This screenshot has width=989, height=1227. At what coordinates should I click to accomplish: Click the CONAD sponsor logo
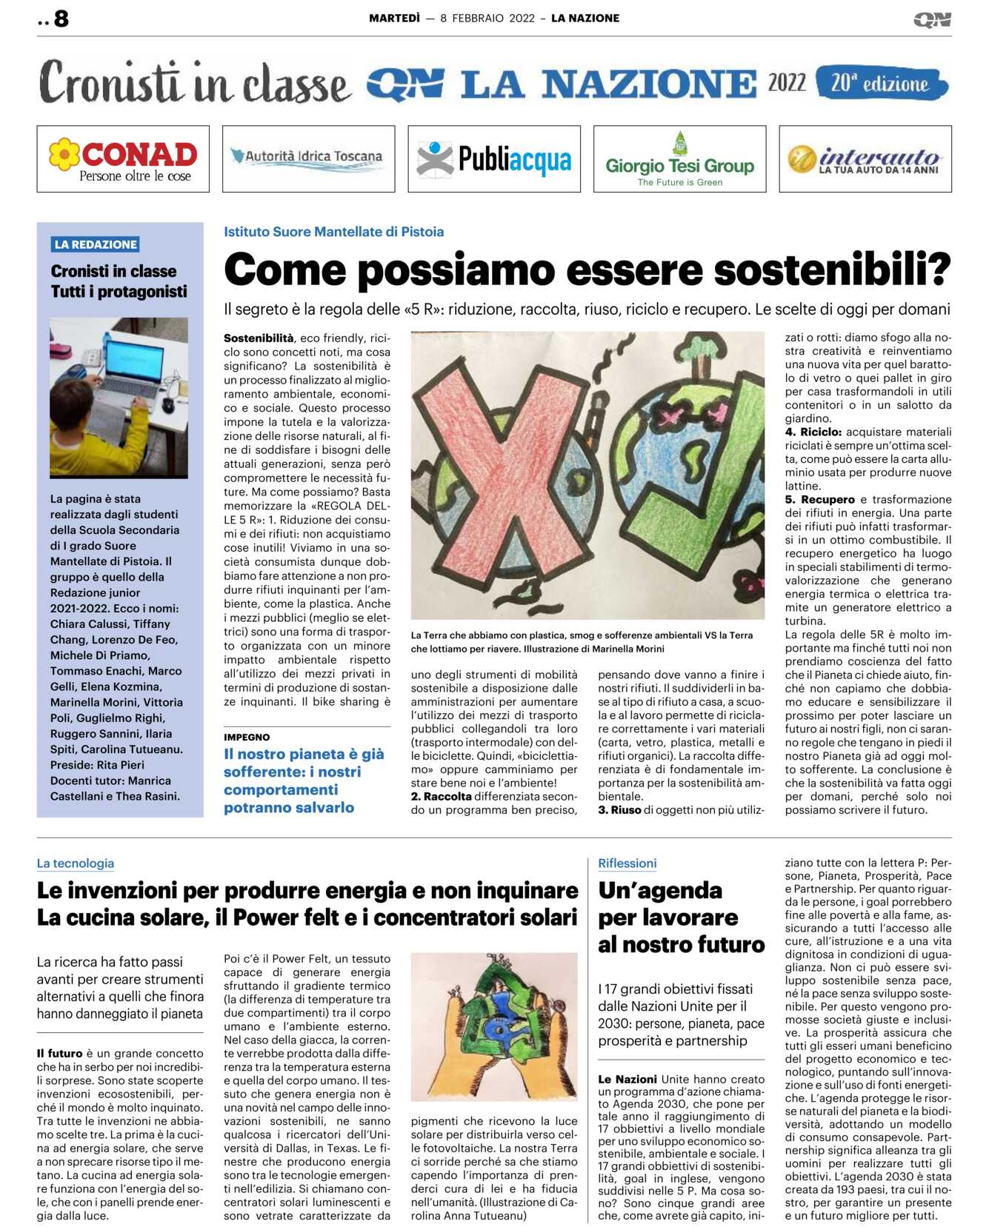tap(123, 159)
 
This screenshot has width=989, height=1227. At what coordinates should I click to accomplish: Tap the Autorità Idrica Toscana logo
tap(308, 158)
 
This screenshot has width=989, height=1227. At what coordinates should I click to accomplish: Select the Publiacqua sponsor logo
tap(494, 159)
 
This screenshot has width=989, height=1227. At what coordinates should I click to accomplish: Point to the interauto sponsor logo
tap(865, 160)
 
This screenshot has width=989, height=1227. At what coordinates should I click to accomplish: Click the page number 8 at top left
tap(61, 19)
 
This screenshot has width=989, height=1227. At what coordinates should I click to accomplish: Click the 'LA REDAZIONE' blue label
tap(96, 244)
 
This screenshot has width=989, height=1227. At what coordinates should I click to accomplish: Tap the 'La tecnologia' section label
tap(76, 863)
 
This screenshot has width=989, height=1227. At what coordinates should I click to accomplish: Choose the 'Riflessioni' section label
tap(627, 863)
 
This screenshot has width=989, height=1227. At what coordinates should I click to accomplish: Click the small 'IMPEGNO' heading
tap(247, 737)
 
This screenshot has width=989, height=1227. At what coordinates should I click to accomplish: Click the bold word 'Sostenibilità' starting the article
tap(259, 338)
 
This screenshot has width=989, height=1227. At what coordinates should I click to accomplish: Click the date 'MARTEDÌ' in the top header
tap(394, 19)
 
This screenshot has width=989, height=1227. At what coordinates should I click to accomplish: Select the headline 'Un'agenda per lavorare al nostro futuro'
tap(680, 917)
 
